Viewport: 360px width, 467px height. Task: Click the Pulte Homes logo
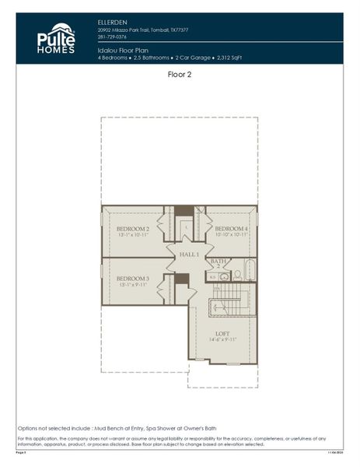click(56, 39)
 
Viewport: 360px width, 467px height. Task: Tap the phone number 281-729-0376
click(113, 36)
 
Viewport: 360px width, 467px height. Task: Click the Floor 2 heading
click(180, 75)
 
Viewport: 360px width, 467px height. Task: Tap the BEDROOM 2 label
click(132, 229)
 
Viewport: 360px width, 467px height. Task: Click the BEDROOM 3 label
click(132, 278)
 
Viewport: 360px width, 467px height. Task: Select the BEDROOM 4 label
click(231, 229)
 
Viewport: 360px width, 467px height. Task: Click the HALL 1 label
click(190, 255)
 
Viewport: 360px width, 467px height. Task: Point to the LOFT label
click(222, 333)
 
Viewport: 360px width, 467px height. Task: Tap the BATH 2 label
click(218, 264)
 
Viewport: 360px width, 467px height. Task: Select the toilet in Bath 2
click(237, 274)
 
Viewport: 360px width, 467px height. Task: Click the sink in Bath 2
click(224, 276)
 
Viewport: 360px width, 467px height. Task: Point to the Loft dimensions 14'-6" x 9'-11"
click(222, 340)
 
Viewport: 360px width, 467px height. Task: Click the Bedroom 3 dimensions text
click(132, 285)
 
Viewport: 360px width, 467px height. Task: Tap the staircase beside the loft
click(233, 300)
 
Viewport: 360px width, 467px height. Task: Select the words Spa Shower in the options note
click(173, 429)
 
